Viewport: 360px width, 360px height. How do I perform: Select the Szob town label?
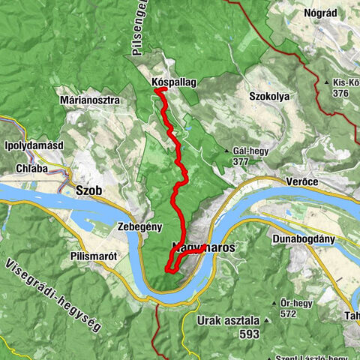(88, 190)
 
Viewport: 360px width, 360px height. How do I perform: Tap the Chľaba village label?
(32, 169)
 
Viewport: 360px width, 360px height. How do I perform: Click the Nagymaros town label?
(204, 246)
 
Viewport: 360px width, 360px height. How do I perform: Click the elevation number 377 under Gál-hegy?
(241, 161)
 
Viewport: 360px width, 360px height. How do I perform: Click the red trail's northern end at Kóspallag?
(157, 91)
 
